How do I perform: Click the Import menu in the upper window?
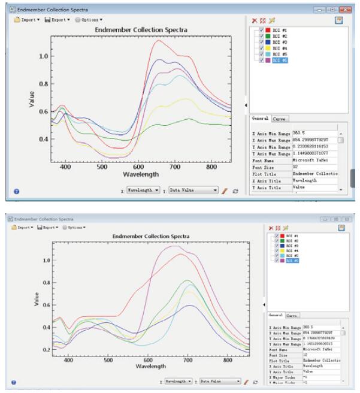pos(28,20)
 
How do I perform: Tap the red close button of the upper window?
pos(346,10)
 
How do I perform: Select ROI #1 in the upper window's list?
pos(280,31)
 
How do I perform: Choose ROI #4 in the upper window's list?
pos(280,49)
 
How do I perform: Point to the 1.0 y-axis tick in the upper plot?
pos(43,56)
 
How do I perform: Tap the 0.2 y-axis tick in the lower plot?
pos(46,349)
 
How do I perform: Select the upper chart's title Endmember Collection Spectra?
pos(141,30)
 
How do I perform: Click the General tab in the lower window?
pos(276,315)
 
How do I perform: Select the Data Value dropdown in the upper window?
pos(193,190)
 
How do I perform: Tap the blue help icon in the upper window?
pos(16,192)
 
